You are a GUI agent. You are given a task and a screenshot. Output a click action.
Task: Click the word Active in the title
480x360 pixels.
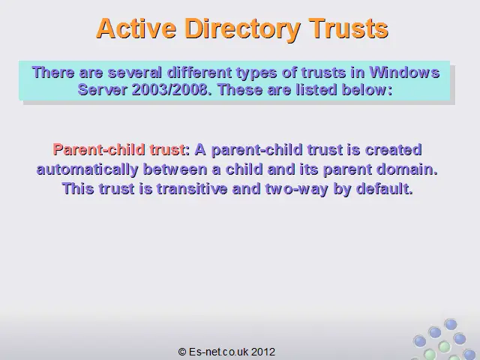tap(136, 28)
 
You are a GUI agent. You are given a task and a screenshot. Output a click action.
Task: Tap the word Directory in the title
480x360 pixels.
tap(242, 29)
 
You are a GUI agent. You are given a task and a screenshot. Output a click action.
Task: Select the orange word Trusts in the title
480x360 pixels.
tap(348, 28)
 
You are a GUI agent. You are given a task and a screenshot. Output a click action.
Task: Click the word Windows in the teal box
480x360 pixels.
tap(405, 73)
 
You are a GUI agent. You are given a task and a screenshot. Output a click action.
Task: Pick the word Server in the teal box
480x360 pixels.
tap(102, 90)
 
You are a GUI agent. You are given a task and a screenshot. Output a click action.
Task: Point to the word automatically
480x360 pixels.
tap(87, 169)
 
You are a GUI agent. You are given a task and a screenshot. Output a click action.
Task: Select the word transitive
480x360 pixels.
tap(192, 188)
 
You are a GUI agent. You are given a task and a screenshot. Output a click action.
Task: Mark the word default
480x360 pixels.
tap(385, 188)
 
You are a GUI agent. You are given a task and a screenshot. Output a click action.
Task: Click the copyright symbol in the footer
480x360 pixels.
tap(182, 352)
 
